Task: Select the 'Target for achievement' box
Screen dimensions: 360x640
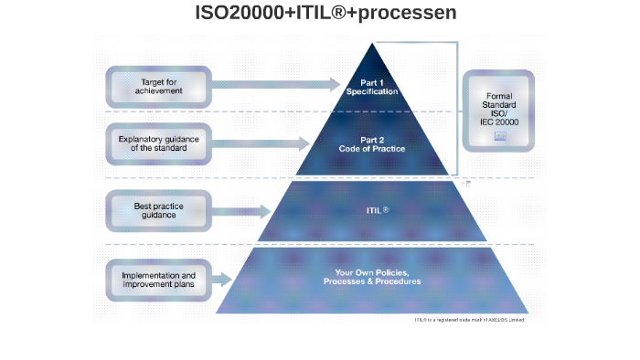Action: click(158, 86)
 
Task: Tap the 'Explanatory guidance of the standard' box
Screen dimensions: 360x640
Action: click(158, 143)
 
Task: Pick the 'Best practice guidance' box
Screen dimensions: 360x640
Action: click(158, 210)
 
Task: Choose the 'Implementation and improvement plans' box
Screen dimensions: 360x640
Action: click(158, 280)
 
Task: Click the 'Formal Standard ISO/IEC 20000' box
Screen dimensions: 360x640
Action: click(498, 111)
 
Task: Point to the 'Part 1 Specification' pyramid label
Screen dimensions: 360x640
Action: click(372, 87)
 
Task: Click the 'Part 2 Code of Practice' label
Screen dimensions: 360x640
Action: click(371, 144)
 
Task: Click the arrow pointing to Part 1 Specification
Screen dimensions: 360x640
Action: click(274, 85)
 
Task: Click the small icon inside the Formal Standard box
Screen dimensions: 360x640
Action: click(499, 135)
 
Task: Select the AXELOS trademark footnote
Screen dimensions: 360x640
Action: click(469, 320)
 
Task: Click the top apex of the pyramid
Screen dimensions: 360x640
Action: click(372, 45)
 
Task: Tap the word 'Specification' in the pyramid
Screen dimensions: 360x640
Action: click(372, 91)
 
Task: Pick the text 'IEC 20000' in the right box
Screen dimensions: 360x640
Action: click(499, 122)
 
